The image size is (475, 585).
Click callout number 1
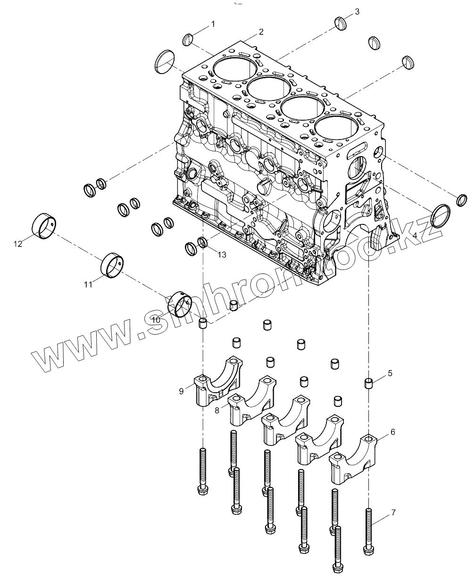[x=213, y=24]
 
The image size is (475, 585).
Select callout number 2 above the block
[x=260, y=32]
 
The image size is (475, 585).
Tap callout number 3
[x=357, y=11]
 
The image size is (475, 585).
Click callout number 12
[x=18, y=244]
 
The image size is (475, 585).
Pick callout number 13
[x=222, y=255]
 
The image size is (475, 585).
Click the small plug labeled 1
[x=187, y=40]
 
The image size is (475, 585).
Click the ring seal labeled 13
[x=203, y=242]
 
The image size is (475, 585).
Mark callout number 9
[x=182, y=391]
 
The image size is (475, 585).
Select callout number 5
[x=390, y=373]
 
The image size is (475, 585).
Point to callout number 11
[x=88, y=284]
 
